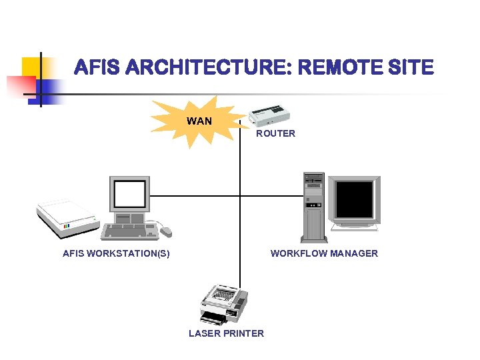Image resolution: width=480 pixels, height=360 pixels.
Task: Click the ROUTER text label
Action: (275, 133)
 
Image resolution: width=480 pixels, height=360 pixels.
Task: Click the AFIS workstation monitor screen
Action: (130, 194)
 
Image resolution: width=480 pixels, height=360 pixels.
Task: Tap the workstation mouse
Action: (165, 231)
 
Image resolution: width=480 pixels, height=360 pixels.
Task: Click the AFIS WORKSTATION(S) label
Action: (116, 253)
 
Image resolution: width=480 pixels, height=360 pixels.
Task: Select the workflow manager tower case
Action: (313, 207)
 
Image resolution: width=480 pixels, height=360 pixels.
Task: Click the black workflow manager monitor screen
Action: (355, 200)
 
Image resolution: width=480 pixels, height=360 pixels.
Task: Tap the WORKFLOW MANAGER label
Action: (324, 253)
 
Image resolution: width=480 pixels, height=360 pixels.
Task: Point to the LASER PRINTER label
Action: (226, 333)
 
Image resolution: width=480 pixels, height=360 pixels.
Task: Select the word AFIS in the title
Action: (96, 68)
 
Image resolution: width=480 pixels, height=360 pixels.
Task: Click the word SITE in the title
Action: (414, 68)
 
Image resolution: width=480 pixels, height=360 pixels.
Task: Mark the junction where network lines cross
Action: (240, 196)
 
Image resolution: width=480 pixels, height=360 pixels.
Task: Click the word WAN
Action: (199, 121)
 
